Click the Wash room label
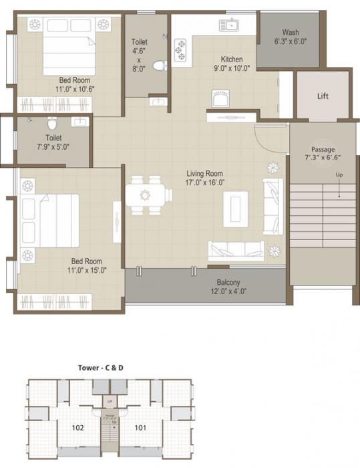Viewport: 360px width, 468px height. [x=290, y=32]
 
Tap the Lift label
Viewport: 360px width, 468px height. [x=323, y=96]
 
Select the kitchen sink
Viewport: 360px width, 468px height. [x=232, y=27]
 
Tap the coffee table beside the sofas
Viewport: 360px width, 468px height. [x=235, y=209]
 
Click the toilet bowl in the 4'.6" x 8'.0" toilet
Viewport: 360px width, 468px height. [x=158, y=66]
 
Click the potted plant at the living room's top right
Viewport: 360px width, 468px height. [x=273, y=167]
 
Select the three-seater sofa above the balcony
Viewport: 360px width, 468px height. [x=235, y=250]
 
